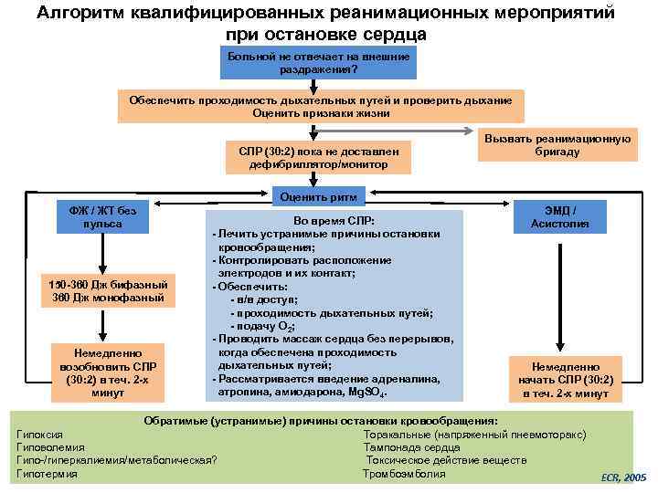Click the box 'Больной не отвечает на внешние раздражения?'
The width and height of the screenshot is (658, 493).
[318, 63]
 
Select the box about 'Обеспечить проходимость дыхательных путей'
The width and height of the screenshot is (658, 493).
[321, 106]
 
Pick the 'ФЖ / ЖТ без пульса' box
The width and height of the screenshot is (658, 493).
[96, 217]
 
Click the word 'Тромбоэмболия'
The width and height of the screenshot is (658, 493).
[404, 474]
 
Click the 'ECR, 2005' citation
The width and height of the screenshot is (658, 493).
[622, 477]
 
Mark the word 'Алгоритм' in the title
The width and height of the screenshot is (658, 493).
[86, 14]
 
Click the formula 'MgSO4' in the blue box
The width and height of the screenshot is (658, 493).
[367, 392]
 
